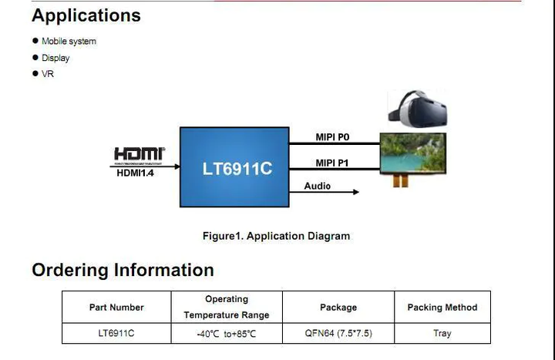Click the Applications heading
coord(86,16)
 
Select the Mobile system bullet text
coord(69,41)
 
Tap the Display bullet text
coord(55,58)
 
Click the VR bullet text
coord(48,74)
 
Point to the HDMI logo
coord(139,156)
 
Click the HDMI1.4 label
coord(135,173)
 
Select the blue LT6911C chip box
coord(234,167)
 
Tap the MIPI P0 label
coord(332,137)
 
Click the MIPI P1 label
coord(332,163)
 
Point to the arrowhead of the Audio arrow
coord(356,192)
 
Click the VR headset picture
coord(418,109)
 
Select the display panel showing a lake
coord(413,153)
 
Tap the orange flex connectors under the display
coord(400,180)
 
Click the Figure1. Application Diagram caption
coord(277,236)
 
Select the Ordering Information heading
coord(123,270)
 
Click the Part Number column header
coord(116,308)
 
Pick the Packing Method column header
coord(442,308)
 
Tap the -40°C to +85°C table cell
coord(227,334)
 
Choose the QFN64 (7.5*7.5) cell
coord(338,333)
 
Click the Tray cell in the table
coord(442,333)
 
